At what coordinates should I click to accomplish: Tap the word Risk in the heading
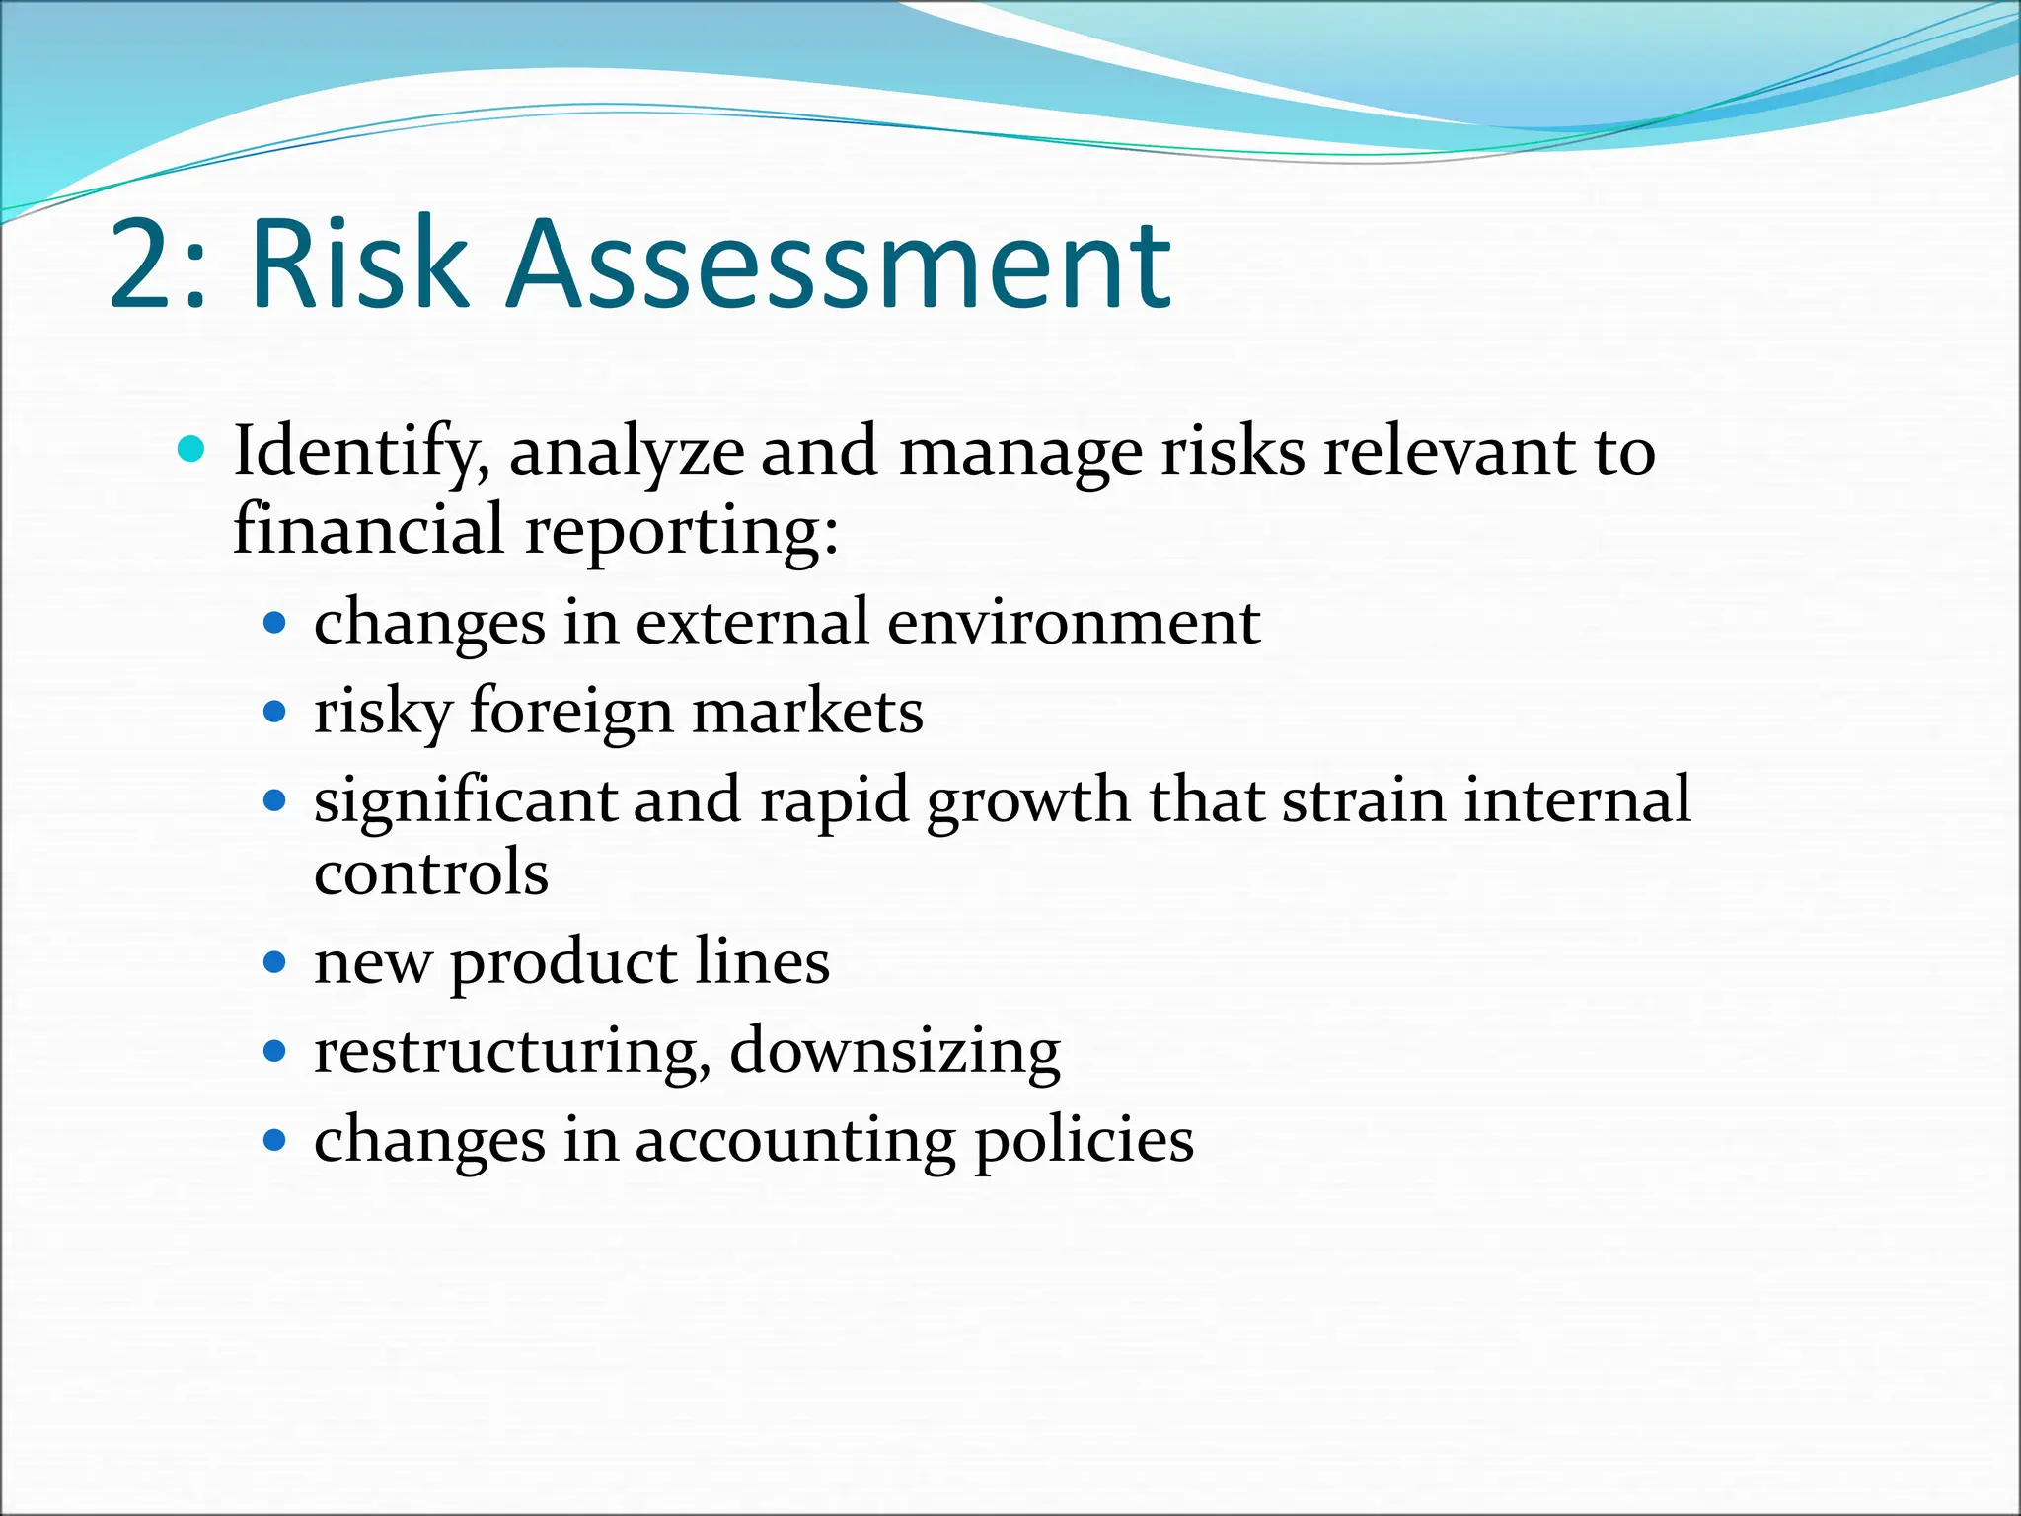pyautogui.click(x=358, y=265)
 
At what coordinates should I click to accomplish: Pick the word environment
pyautogui.click(x=1073, y=624)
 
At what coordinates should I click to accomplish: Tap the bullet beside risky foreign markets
pyautogui.click(x=275, y=712)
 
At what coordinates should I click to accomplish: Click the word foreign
pyautogui.click(x=571, y=713)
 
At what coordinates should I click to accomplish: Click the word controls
pyautogui.click(x=431, y=873)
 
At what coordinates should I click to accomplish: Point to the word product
pyautogui.click(x=563, y=963)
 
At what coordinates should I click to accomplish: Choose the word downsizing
pyautogui.click(x=894, y=1052)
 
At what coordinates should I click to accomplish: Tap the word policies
pyautogui.click(x=1084, y=1142)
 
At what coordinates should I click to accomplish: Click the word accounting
pyautogui.click(x=794, y=1142)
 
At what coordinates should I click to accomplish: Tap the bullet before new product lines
pyautogui.click(x=275, y=962)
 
